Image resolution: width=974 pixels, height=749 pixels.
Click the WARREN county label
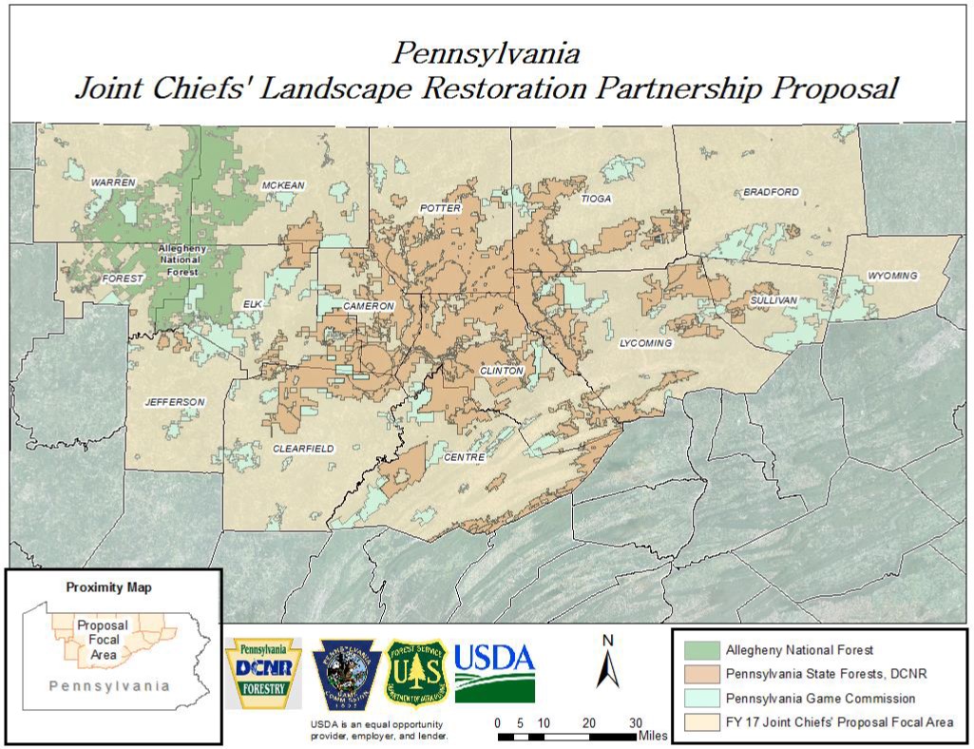click(113, 182)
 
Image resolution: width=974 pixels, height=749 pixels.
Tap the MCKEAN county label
click(283, 185)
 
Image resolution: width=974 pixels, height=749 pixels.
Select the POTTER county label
click(440, 208)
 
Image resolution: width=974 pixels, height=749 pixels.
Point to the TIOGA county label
click(597, 199)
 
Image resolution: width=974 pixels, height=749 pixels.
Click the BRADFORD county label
click(771, 192)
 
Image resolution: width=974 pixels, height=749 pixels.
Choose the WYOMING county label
click(892, 276)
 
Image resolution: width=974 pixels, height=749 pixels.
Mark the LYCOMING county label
click(645, 342)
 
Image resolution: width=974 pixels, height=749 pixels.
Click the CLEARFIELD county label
click(303, 448)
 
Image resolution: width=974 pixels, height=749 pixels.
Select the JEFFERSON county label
click(174, 402)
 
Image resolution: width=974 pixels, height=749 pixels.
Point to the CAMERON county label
click(368, 306)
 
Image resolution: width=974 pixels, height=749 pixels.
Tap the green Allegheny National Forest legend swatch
click(701, 650)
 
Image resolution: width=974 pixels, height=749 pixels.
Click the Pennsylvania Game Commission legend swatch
click(701, 699)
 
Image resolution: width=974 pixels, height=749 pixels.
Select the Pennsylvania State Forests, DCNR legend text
click(822, 675)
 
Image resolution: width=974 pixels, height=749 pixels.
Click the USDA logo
click(494, 671)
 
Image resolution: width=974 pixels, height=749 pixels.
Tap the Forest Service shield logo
click(414, 671)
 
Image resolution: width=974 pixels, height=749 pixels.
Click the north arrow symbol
click(607, 662)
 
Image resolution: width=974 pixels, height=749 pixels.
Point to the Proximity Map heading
click(108, 587)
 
